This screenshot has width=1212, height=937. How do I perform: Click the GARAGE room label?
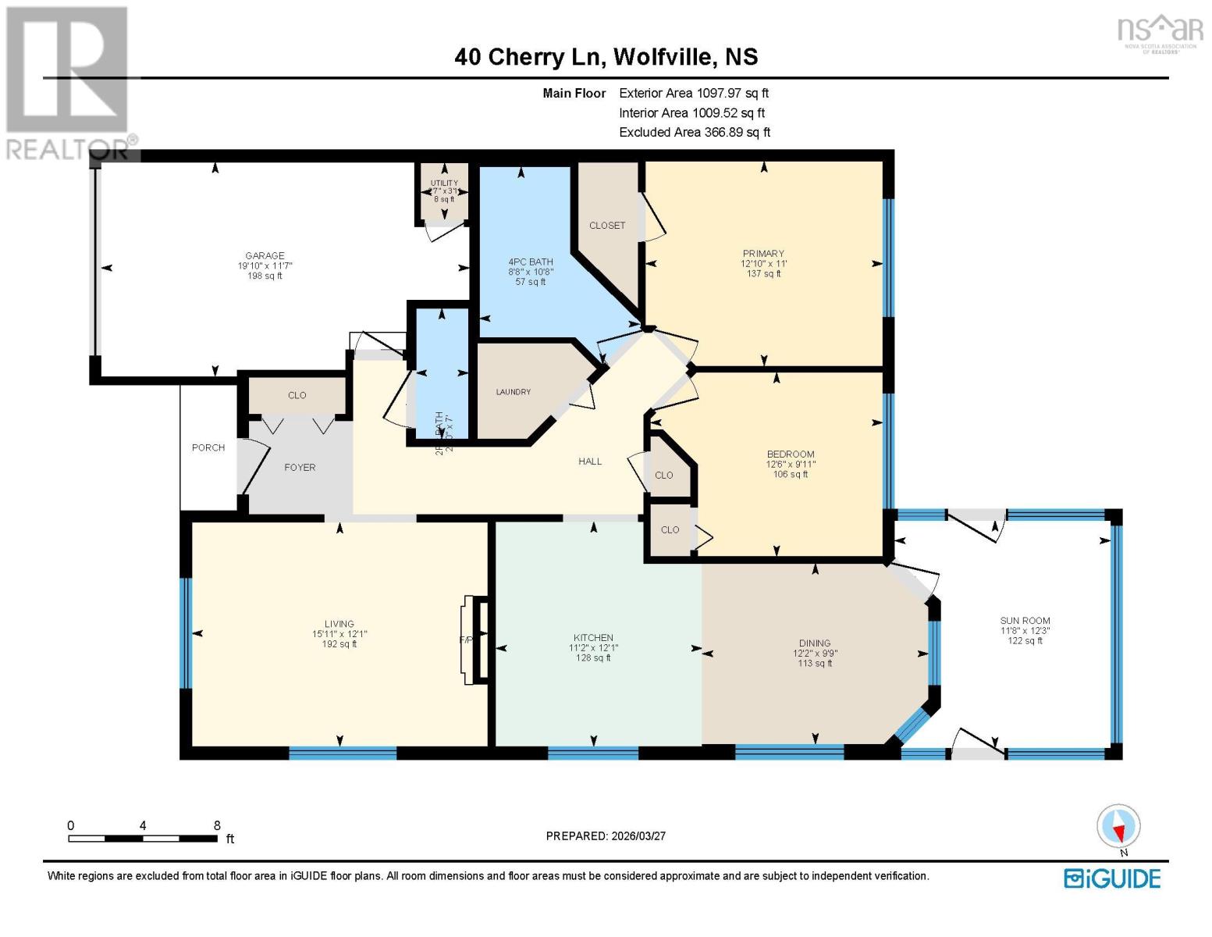(265, 255)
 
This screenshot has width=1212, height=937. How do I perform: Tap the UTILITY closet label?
(444, 183)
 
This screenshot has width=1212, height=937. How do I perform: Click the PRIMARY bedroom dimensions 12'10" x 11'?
(763, 264)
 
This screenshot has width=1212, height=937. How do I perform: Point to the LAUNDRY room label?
(513, 392)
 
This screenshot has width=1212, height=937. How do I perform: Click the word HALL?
(590, 461)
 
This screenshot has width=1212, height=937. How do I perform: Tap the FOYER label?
(300, 468)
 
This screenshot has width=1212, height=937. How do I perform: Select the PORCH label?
(208, 447)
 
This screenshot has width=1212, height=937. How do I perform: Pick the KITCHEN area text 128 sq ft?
(593, 658)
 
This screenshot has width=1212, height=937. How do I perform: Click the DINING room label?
(815, 643)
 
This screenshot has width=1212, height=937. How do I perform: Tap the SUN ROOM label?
(1025, 620)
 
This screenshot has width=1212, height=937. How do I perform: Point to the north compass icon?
(1118, 826)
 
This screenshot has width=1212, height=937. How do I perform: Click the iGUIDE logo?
(1112, 878)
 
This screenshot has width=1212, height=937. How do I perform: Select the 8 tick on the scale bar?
(217, 825)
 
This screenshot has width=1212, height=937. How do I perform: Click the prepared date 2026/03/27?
(638, 836)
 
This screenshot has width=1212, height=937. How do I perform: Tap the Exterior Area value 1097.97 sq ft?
(732, 93)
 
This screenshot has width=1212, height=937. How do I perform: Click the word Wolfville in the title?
(663, 57)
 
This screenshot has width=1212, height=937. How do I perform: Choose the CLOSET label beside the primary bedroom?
(607, 226)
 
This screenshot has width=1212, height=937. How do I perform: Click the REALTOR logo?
(69, 82)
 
